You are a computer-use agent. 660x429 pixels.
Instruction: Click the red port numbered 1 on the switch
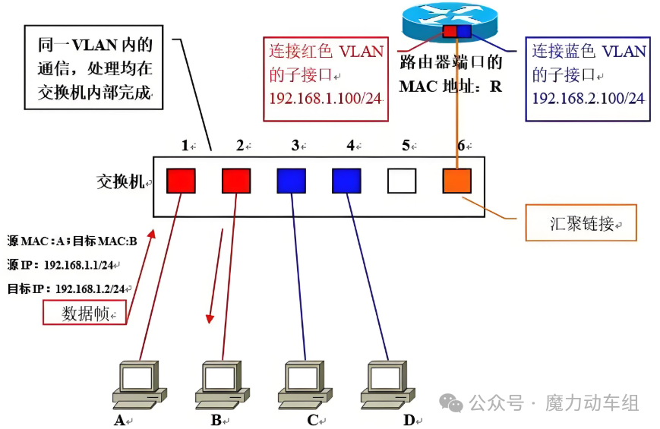point(182,181)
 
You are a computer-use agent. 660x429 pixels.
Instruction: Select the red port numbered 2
point(236,181)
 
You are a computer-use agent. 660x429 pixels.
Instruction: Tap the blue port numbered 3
point(292,181)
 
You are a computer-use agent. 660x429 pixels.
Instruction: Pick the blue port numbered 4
point(346,181)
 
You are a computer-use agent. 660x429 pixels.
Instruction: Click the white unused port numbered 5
point(402,181)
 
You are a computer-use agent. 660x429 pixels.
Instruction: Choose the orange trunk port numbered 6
point(456,181)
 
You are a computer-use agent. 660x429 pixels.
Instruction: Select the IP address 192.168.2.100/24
point(588,99)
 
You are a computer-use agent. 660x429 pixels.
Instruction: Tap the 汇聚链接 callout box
point(581,225)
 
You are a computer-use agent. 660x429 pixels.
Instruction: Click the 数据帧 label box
point(85,313)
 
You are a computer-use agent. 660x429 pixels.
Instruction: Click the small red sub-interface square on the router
point(450,31)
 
